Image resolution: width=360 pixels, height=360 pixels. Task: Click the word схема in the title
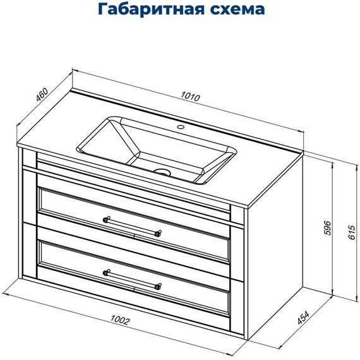pos(230,10)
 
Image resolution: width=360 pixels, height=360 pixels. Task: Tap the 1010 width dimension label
pos(190,98)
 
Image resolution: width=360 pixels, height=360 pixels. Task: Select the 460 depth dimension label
pos(43,97)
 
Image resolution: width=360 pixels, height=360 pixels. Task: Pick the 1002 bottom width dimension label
pos(119,321)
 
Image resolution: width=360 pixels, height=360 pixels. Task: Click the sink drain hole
pos(163,171)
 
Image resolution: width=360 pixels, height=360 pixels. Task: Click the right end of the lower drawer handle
pos(157,286)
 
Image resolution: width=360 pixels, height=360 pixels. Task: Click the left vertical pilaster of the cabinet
pos(29,221)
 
